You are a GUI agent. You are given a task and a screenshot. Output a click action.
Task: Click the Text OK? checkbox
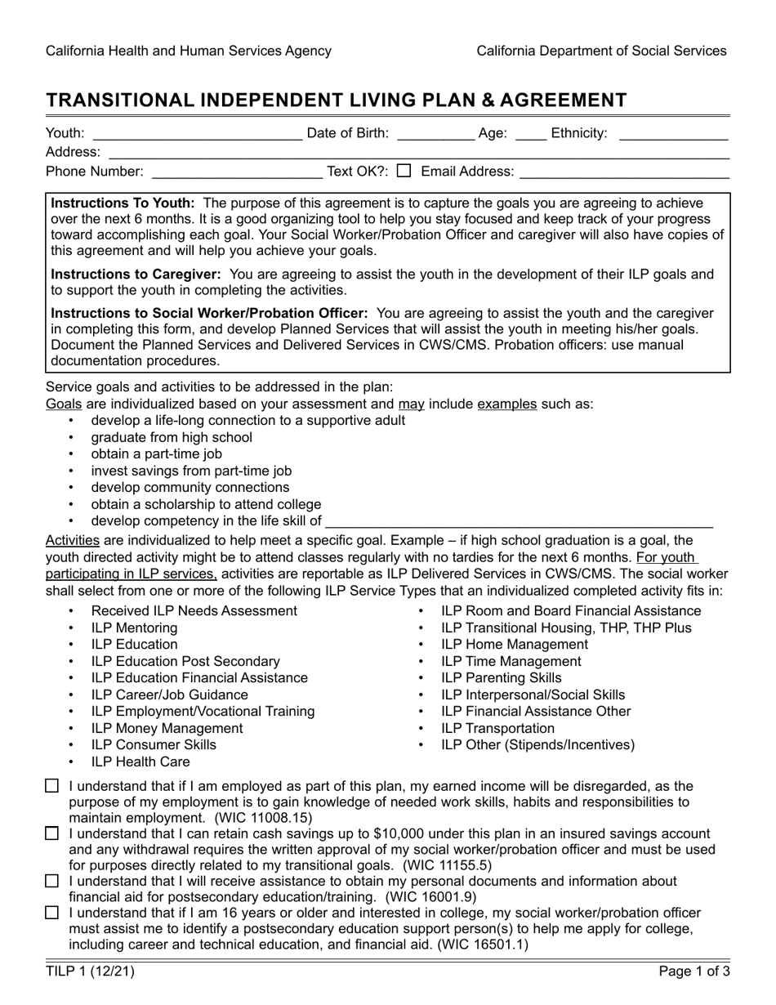coord(404,171)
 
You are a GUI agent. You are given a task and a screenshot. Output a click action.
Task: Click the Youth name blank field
coord(197,133)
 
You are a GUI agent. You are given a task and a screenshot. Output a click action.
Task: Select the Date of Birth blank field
coord(435,133)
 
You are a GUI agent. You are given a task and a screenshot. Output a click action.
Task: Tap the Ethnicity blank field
coord(673,133)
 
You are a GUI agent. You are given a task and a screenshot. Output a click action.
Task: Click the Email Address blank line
coord(624,172)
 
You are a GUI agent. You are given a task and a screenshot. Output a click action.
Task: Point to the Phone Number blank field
coord(237,172)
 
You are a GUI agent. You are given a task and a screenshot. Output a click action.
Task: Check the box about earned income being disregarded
coord(52,786)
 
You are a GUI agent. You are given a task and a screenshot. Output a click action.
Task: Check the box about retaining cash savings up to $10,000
coord(52,833)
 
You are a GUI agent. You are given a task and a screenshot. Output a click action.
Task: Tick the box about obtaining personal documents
coord(52,881)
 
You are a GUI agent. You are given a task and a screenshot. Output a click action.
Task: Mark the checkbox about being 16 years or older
coord(52,913)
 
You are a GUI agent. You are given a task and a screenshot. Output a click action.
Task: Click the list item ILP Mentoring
coord(134,628)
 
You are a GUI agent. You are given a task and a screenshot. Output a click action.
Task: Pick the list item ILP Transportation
coord(497,728)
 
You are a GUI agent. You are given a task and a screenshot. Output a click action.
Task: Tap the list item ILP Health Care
coord(140,762)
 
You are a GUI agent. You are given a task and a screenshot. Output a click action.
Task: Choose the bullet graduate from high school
coord(172,437)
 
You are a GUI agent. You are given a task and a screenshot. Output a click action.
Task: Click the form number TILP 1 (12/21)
coord(91,971)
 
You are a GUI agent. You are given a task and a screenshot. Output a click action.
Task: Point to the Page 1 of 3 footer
coord(694,971)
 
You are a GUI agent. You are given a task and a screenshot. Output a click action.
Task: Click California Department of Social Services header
coord(601,51)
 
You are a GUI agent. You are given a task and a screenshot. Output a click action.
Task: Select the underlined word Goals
coord(63,404)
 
